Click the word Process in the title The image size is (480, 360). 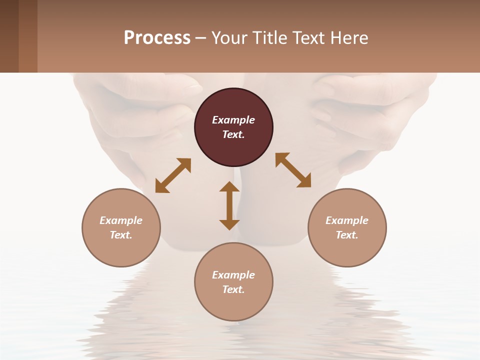coord(157,38)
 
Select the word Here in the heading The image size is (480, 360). coord(348,38)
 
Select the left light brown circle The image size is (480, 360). coord(121,250)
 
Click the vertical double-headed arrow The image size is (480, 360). coord(229,205)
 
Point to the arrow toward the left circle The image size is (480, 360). coord(173,175)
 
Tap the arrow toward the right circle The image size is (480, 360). coord(293,170)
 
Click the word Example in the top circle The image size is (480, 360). coord(233,120)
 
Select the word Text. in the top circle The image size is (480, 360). coord(233,134)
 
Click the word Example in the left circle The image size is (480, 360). coord(121,220)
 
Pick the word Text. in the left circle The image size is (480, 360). coord(121,235)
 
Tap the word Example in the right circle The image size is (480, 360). coord(347,220)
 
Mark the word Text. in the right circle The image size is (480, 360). coord(347,235)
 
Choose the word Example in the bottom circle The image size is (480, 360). coord(233,275)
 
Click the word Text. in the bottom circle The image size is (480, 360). coord(233,289)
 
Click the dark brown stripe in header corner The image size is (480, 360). coord(9,36)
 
